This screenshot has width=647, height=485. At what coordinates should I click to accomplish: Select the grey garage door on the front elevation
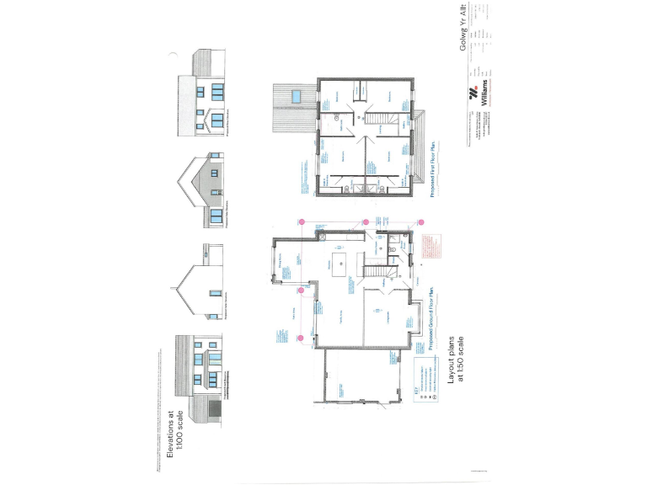(x=214, y=410)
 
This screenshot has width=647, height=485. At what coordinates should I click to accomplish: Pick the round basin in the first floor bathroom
(x=340, y=119)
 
